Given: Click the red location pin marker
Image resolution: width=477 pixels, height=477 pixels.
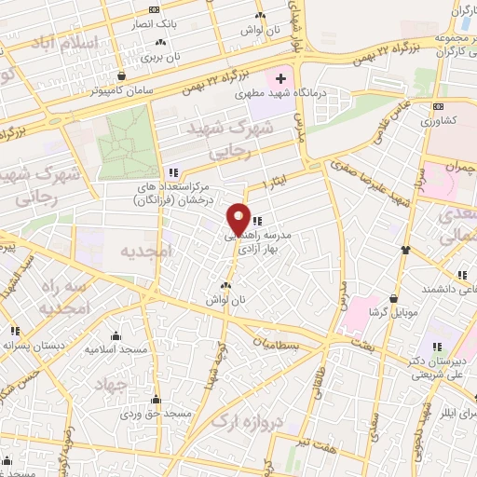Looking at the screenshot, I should pos(238,219).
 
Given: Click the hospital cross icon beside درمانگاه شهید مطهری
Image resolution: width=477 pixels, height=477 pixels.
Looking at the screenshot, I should pos(281,77).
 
